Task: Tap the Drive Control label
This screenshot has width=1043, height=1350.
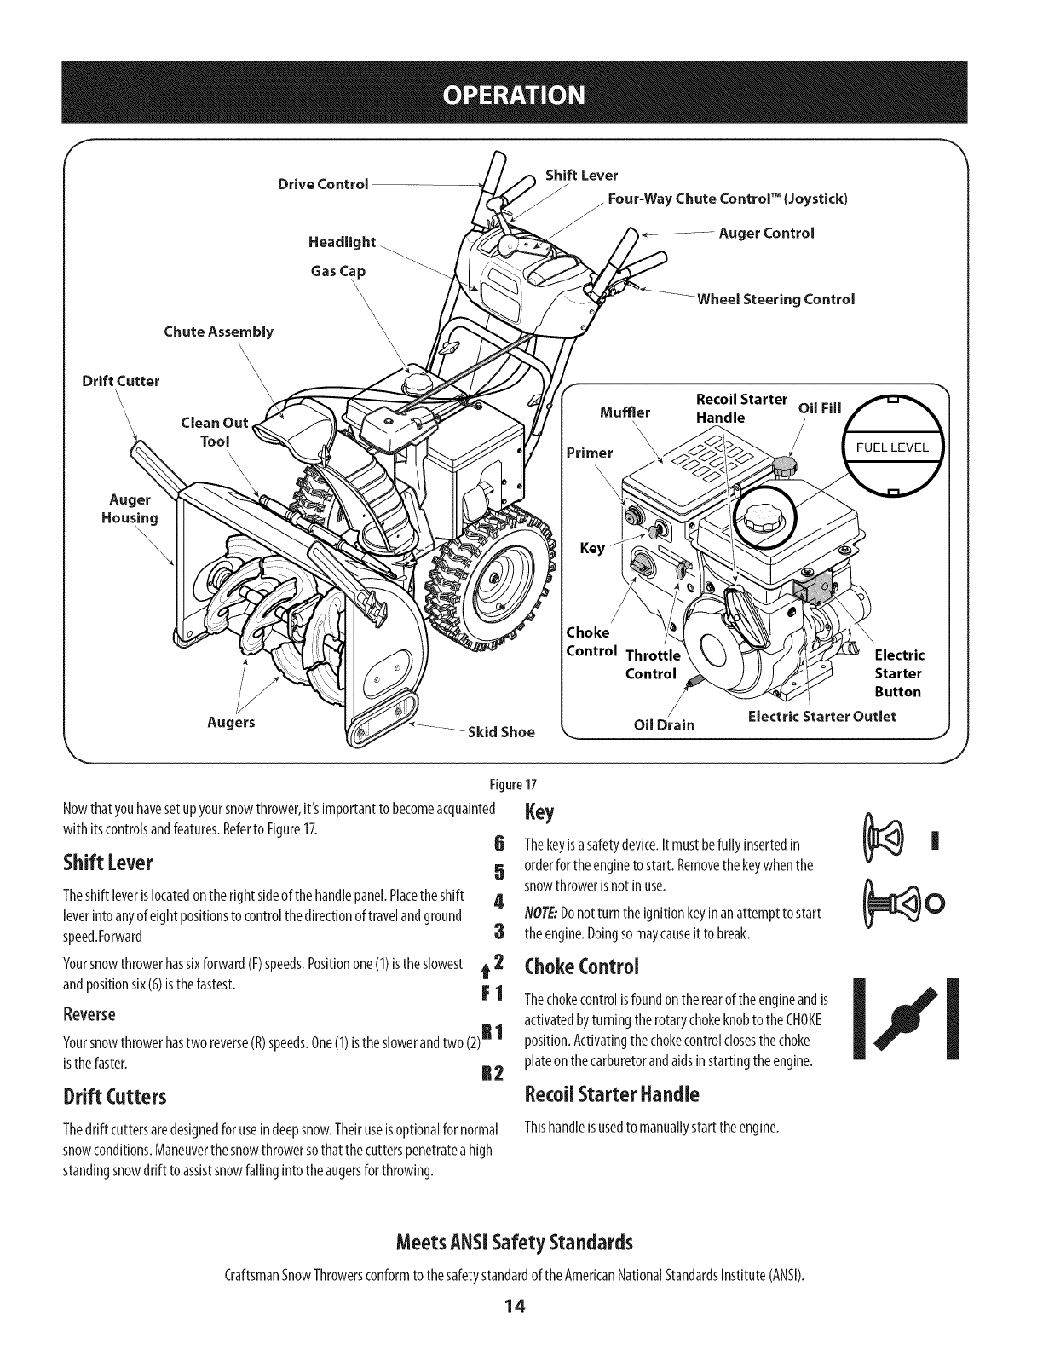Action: click(x=323, y=184)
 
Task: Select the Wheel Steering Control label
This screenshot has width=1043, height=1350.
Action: click(x=775, y=299)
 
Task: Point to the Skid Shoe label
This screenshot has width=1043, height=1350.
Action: click(x=501, y=732)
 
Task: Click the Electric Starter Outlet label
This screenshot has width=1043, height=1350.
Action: click(x=821, y=716)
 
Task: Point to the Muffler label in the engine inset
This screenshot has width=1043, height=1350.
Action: click(x=625, y=413)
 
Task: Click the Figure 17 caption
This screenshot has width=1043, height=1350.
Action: click(x=520, y=784)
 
